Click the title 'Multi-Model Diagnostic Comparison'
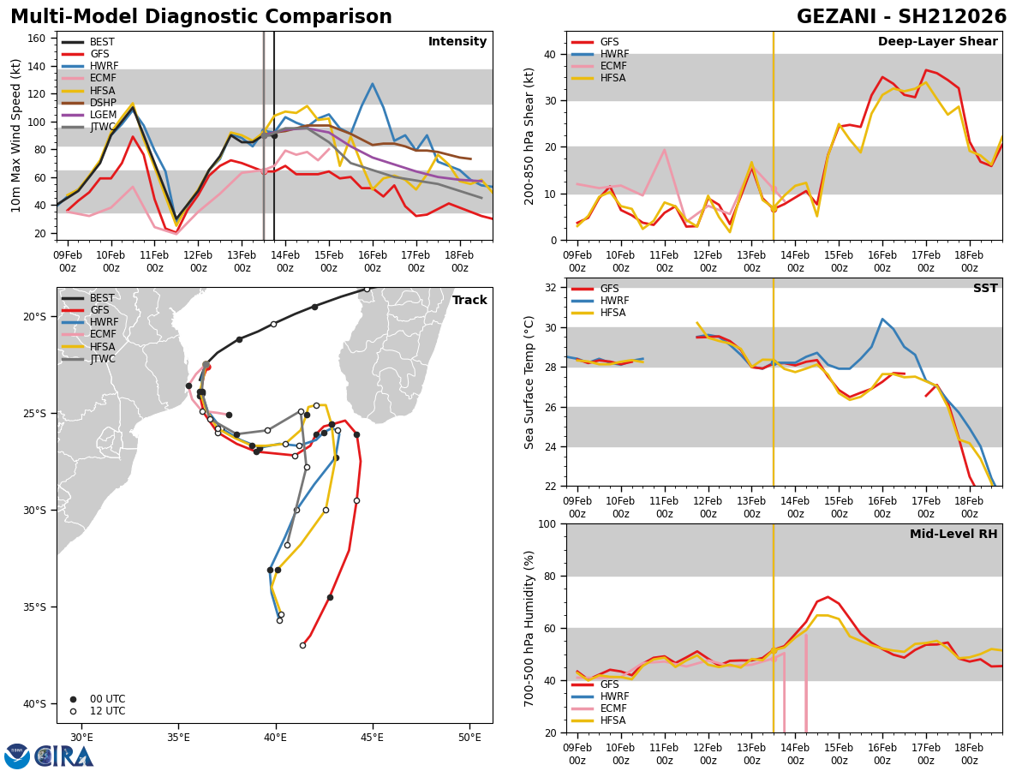click(201, 16)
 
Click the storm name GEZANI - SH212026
click(901, 16)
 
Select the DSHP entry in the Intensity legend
click(89, 103)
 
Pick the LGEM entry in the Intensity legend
click(89, 115)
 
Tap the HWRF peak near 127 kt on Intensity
click(373, 84)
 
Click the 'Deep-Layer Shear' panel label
click(937, 41)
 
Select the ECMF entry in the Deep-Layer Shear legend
click(600, 66)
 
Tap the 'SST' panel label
click(985, 288)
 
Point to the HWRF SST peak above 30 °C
click(882, 320)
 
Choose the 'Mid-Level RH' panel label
click(953, 534)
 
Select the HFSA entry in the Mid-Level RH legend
click(600, 720)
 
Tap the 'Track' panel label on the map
click(469, 300)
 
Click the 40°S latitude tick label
click(34, 704)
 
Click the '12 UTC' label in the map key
click(108, 711)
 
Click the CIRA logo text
click(63, 756)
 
